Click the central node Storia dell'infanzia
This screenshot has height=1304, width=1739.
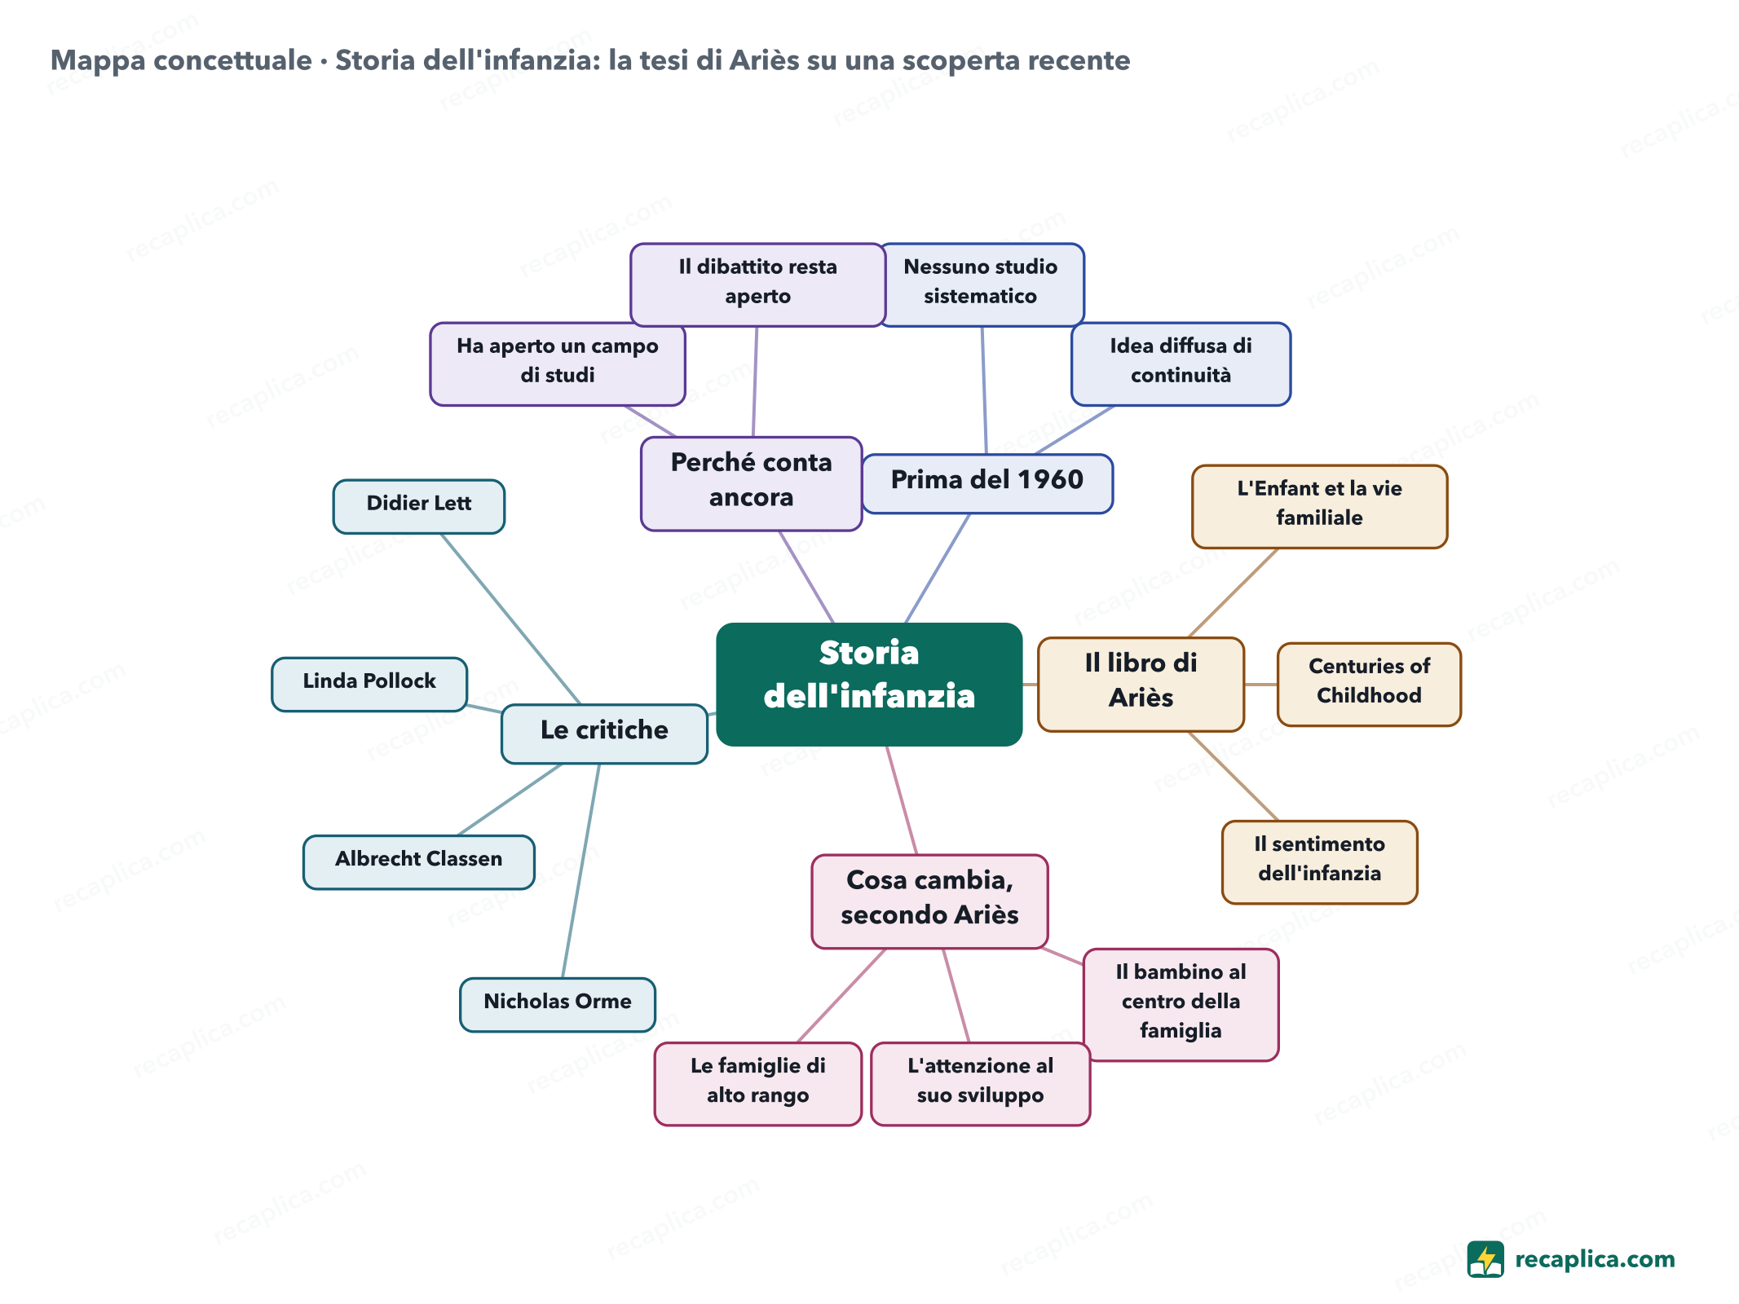point(869,685)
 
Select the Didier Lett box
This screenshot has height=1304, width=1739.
point(419,506)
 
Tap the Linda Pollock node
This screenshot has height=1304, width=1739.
point(369,685)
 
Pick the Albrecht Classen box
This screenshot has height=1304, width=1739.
point(419,862)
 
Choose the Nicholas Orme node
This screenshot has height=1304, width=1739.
point(558,1005)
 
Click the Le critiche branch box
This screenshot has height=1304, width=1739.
point(604,733)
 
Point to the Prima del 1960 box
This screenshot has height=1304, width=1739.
point(987,484)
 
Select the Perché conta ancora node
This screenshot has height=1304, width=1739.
point(752,484)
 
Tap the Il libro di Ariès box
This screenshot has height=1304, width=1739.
point(1141,685)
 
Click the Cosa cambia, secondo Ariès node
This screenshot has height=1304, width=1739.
point(929,901)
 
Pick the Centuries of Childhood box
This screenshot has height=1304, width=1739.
point(1369,685)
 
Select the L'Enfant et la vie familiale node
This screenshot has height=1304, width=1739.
point(1319,507)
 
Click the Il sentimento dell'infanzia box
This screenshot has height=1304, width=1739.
point(1319,862)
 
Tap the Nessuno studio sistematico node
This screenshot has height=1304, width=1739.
point(982,285)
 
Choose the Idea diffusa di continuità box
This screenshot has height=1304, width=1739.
point(1181,364)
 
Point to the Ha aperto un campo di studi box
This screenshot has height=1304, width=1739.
point(558,364)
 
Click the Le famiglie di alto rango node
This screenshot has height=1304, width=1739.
point(757,1084)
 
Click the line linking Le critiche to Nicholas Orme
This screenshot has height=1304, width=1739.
point(581,870)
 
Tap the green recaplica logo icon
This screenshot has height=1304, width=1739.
point(1485,1259)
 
